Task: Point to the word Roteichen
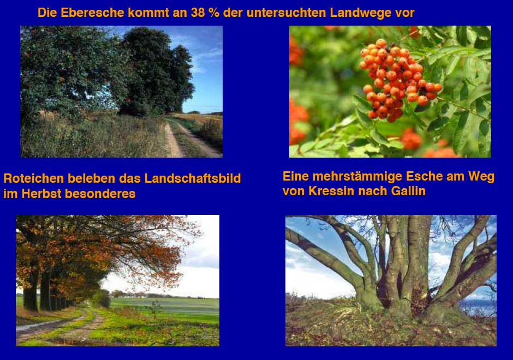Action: click(34, 178)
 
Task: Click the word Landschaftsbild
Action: click(192, 178)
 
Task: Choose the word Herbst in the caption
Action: click(41, 194)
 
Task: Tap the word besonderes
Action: click(100, 194)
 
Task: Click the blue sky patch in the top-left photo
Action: click(205, 82)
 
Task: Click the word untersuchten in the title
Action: click(286, 13)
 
